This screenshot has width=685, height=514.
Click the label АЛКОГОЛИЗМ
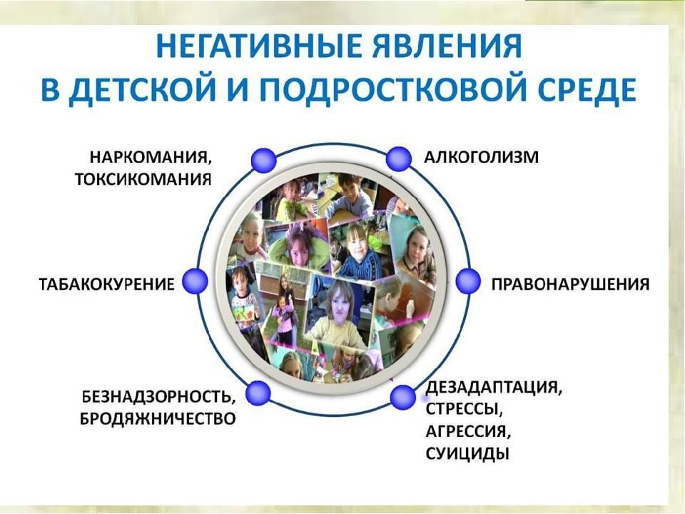(482, 156)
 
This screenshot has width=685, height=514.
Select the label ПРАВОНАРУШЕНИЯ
(570, 284)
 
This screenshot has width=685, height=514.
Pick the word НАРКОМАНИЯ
(151, 157)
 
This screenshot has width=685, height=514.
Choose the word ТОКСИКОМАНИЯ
(143, 179)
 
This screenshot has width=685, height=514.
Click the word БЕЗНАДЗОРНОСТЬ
(159, 397)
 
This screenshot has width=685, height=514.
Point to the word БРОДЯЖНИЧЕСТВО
(158, 418)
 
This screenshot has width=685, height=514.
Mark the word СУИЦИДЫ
(467, 453)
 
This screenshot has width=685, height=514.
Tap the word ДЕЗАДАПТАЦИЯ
(494, 388)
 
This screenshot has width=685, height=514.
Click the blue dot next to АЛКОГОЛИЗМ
(398, 158)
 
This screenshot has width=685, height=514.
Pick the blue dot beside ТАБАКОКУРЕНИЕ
(194, 281)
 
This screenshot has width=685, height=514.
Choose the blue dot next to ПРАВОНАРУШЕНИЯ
(468, 281)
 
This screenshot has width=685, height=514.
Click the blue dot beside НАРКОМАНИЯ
(264, 160)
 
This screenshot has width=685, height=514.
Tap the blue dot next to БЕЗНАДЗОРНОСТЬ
(258, 393)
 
